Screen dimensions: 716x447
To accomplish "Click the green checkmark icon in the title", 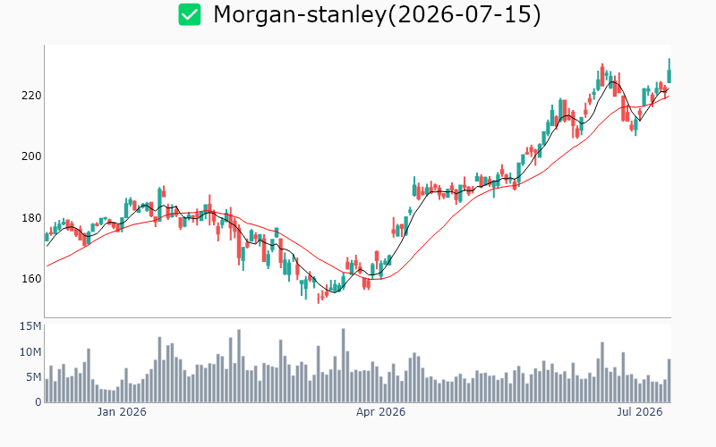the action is pyautogui.click(x=190, y=14).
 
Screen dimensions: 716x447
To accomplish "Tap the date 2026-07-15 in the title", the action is pyautogui.click(x=464, y=14).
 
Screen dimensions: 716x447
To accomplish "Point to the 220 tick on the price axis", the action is pyautogui.click(x=31, y=96).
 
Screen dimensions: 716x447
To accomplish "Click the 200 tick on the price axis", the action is pyautogui.click(x=31, y=156).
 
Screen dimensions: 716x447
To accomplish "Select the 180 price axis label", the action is pyautogui.click(x=31, y=217).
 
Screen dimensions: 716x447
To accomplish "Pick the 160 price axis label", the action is pyautogui.click(x=31, y=278).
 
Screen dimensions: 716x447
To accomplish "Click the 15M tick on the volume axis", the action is pyautogui.click(x=30, y=326).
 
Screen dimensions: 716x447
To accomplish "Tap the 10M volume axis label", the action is pyautogui.click(x=30, y=351).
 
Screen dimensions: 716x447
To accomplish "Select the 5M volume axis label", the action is pyautogui.click(x=33, y=376).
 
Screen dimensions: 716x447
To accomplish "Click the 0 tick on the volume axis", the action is pyautogui.click(x=38, y=401).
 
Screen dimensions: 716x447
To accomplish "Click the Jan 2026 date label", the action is pyautogui.click(x=122, y=412).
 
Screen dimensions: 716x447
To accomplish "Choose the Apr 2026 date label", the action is pyautogui.click(x=381, y=412).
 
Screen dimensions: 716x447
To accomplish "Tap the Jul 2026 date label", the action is pyautogui.click(x=640, y=412).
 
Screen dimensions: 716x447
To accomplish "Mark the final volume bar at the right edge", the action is pyautogui.click(x=669, y=381).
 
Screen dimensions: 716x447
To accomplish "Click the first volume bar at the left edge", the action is pyautogui.click(x=47, y=391).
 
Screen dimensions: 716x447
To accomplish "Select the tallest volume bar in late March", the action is pyautogui.click(x=344, y=366).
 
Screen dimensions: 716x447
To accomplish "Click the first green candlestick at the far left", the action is pyautogui.click(x=47, y=237).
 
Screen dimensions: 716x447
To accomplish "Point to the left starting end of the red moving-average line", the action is pyautogui.click(x=47, y=266).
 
